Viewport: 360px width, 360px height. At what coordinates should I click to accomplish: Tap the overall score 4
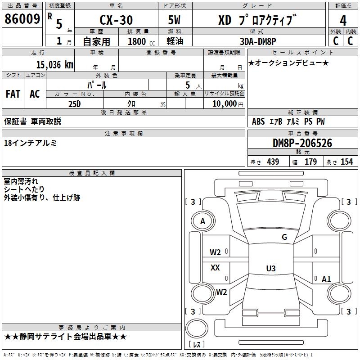(x=343, y=20)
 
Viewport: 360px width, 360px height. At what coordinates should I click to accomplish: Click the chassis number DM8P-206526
(x=302, y=143)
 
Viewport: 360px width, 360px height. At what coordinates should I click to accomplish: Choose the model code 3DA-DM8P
(x=257, y=41)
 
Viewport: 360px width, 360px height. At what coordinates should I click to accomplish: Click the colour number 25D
(x=74, y=103)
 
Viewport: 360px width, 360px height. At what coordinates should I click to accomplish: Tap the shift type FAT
(x=13, y=94)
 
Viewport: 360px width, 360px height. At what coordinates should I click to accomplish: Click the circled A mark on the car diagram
(x=202, y=221)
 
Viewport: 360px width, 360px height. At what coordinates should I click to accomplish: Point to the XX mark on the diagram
(x=215, y=268)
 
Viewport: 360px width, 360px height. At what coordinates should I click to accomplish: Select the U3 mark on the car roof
(x=270, y=269)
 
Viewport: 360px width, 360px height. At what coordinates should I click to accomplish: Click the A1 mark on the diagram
(x=326, y=279)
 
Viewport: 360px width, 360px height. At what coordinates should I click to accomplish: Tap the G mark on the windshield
(x=284, y=237)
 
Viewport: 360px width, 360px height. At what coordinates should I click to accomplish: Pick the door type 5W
(x=175, y=20)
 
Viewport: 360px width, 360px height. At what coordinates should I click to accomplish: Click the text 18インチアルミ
(x=30, y=143)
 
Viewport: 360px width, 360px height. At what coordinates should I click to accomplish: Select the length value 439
(x=273, y=162)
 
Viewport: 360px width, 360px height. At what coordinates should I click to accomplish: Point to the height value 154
(x=346, y=162)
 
